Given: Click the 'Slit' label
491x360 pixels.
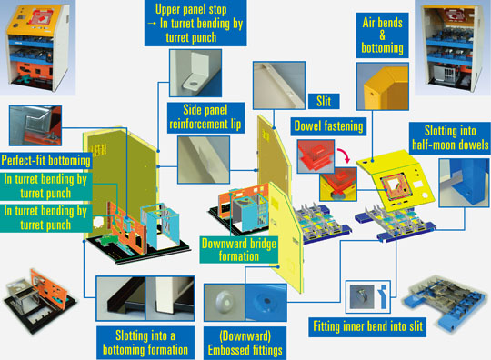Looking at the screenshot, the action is click(x=324, y=101).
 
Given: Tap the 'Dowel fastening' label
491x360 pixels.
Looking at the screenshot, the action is click(x=328, y=126).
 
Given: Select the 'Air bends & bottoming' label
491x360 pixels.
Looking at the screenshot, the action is click(x=382, y=35).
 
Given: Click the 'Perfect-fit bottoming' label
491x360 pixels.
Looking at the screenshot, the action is click(x=46, y=160).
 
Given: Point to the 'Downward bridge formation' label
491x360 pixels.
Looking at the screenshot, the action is click(x=239, y=249).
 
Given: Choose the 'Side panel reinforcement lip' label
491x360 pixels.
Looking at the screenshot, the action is click(x=205, y=117).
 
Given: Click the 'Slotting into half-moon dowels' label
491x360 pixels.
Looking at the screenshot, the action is click(x=450, y=138).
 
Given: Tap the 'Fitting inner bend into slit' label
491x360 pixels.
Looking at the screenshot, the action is click(x=367, y=326).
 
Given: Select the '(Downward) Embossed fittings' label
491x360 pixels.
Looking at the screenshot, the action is click(x=245, y=343).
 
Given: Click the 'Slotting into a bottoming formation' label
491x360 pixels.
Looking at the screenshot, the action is click(x=145, y=343).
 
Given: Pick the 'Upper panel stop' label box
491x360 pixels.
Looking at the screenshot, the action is click(x=195, y=23).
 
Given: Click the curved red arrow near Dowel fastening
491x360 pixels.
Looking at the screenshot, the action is click(x=343, y=155).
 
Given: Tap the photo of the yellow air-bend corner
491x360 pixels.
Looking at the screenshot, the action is click(x=382, y=86).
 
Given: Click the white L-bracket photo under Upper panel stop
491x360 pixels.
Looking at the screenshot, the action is click(x=195, y=73).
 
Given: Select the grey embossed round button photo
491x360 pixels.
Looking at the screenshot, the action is click(x=225, y=303).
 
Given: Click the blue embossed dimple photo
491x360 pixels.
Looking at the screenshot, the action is click(x=266, y=303).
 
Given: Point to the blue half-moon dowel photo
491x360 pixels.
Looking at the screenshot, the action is click(x=464, y=183).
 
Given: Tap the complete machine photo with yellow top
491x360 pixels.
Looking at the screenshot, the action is click(x=37, y=47).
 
